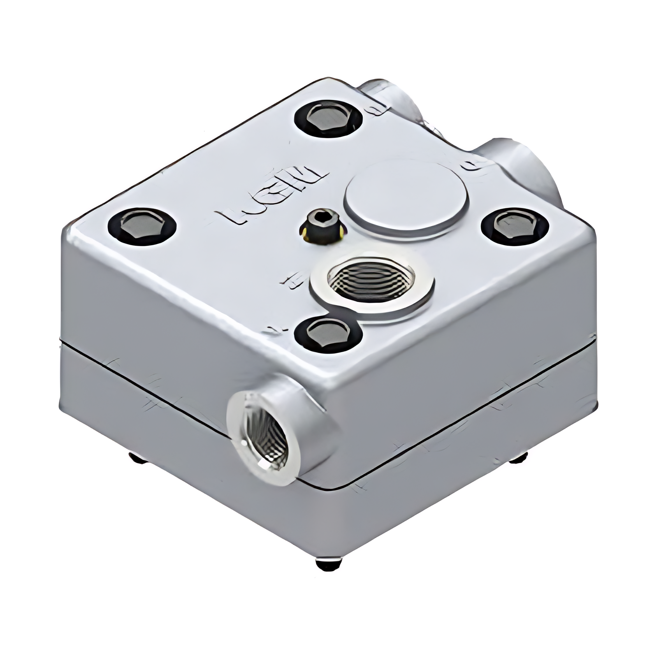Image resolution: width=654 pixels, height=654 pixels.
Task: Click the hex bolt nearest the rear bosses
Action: pos(328,118)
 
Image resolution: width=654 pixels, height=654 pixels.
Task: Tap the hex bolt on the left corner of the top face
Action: pos(142,226)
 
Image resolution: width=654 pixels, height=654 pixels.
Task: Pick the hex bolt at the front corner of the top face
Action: pos(328,334)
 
